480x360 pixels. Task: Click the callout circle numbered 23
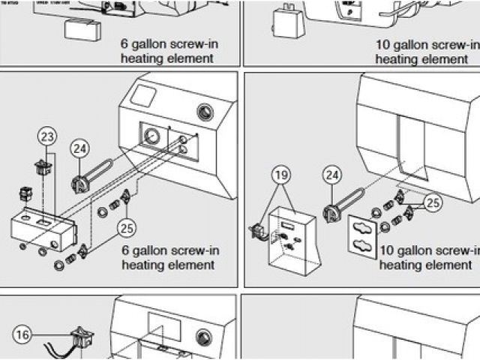(x=47, y=136)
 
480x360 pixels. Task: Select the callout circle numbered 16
(x=24, y=335)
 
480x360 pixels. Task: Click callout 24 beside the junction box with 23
(x=80, y=148)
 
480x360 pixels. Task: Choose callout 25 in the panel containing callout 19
(x=432, y=202)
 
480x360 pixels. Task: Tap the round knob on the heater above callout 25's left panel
(x=205, y=113)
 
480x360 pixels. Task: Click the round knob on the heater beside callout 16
(x=202, y=337)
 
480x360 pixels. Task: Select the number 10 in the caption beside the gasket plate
(x=387, y=250)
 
